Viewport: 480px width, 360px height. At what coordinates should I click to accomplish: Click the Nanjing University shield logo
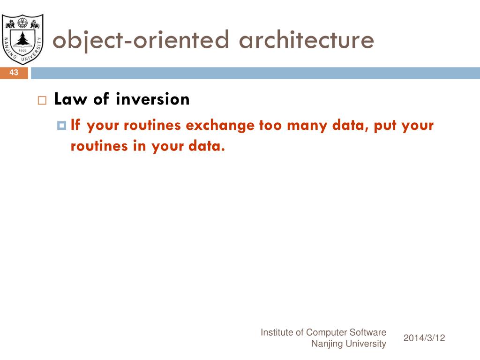click(x=22, y=39)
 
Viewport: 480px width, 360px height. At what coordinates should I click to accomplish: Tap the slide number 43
click(x=14, y=73)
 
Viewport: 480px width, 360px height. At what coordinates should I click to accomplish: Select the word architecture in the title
click(x=307, y=39)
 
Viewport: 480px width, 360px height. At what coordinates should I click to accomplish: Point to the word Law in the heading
click(x=70, y=99)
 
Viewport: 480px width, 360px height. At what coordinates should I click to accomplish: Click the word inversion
click(x=153, y=99)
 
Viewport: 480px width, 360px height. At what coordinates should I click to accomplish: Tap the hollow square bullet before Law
click(x=42, y=100)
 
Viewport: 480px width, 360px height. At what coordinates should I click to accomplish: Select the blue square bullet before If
click(x=61, y=126)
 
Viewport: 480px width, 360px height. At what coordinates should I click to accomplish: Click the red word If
click(x=75, y=125)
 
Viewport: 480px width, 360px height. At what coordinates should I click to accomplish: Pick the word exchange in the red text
click(x=220, y=126)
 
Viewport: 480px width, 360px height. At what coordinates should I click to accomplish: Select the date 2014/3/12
click(x=424, y=338)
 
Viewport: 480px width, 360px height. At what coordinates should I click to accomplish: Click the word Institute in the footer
click(x=277, y=332)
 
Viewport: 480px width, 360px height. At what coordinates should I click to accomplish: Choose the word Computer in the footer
click(x=326, y=333)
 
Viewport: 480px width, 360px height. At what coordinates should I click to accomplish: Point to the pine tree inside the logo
click(x=22, y=39)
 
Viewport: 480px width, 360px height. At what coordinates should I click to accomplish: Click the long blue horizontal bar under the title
click(x=255, y=73)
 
